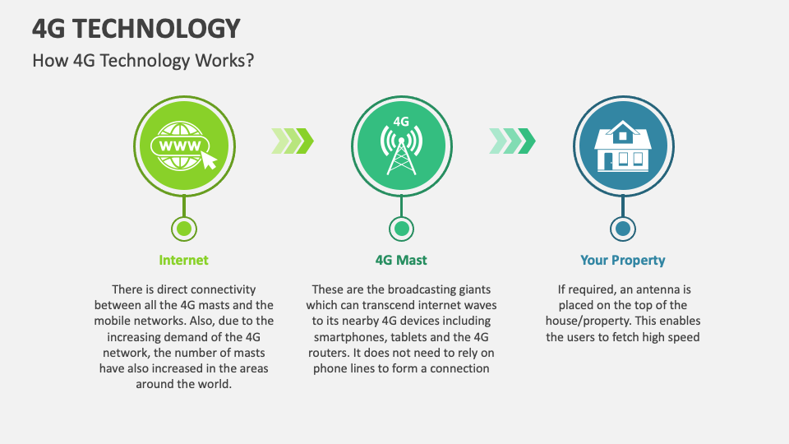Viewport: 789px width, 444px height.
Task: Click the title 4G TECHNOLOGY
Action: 136,28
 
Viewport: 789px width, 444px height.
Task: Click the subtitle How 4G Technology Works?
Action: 143,62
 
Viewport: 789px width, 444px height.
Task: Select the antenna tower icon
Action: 401,151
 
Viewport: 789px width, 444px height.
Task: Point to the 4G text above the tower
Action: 401,121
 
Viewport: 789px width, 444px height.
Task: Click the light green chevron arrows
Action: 292,141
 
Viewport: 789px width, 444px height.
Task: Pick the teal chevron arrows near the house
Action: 512,141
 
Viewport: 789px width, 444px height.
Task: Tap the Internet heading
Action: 183,261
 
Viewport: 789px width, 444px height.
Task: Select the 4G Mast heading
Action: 401,261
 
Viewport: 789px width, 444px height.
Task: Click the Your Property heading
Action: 622,261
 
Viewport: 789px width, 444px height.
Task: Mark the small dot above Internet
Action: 184,228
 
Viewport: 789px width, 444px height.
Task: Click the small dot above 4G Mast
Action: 401,228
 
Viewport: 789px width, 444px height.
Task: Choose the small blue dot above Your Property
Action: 622,228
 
